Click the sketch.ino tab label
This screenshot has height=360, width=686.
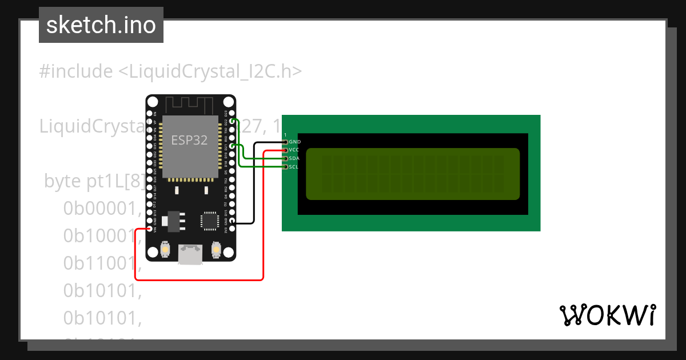pyautogui.click(x=101, y=25)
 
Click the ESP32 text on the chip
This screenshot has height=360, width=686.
pyautogui.click(x=189, y=140)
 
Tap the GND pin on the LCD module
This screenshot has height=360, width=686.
pyautogui.click(x=285, y=141)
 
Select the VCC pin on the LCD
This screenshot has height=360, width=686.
pyautogui.click(x=285, y=150)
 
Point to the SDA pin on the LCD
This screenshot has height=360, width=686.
pyautogui.click(x=285, y=158)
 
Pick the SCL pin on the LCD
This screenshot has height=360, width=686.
pyautogui.click(x=285, y=167)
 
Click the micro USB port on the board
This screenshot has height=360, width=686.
pyautogui.click(x=190, y=254)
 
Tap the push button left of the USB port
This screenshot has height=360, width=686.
pyautogui.click(x=165, y=249)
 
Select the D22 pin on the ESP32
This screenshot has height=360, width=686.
pyautogui.click(x=232, y=121)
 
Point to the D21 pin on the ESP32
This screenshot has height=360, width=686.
pyautogui.click(x=232, y=146)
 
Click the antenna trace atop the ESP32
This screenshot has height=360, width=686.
pyautogui.click(x=190, y=105)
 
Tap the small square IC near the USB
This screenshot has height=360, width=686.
pyautogui.click(x=209, y=221)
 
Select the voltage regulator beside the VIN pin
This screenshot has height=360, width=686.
pyautogui.click(x=171, y=221)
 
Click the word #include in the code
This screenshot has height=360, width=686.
pyautogui.click(x=76, y=71)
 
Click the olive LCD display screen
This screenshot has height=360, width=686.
pyautogui.click(x=413, y=174)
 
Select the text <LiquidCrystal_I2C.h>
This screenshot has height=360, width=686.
pyautogui.click(x=210, y=71)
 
